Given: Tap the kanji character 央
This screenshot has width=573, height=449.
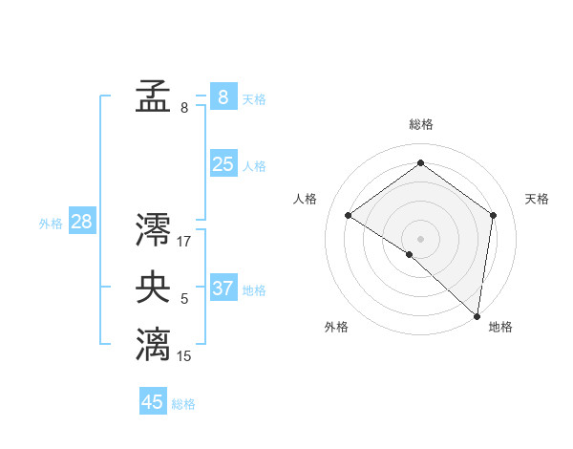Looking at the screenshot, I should click(x=153, y=289).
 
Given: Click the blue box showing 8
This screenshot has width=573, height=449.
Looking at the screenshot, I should click(x=223, y=96).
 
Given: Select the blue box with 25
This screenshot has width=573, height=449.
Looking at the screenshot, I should click(x=223, y=164).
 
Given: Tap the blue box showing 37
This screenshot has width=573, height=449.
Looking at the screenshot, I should click(x=223, y=288).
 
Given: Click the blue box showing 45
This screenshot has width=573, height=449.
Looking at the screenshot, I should click(x=153, y=402).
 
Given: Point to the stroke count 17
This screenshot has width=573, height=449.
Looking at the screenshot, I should click(x=184, y=242).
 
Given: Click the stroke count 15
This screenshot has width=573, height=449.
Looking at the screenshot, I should click(x=184, y=356).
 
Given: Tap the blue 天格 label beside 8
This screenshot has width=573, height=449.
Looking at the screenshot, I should click(x=254, y=99).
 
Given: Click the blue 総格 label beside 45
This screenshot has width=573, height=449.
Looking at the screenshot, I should click(x=183, y=404).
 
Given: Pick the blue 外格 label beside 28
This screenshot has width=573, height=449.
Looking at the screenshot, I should click(x=51, y=224).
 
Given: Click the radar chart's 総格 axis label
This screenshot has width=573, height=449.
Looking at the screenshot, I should click(x=421, y=124).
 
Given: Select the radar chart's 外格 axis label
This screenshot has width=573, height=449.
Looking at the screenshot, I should click(x=336, y=327).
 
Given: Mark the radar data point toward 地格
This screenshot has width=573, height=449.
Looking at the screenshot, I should click(x=477, y=316).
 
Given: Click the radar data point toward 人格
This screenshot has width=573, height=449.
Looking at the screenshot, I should click(x=349, y=216).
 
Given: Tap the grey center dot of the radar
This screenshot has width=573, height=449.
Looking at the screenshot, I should click(x=420, y=238).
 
